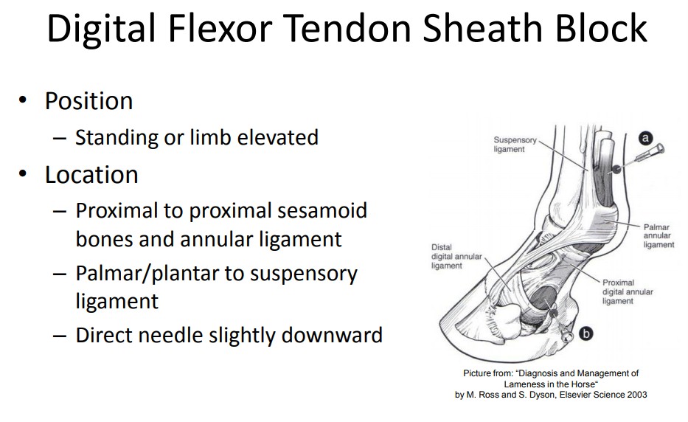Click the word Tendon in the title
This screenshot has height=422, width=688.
click(348, 28)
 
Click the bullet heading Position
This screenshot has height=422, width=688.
click(89, 101)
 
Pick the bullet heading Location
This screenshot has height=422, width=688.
click(91, 174)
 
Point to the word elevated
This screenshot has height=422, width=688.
click(277, 137)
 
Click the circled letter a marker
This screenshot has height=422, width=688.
click(645, 138)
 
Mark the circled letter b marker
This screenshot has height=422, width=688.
click(586, 333)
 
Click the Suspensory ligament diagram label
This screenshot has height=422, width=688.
click(515, 145)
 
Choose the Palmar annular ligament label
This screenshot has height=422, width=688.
click(659, 236)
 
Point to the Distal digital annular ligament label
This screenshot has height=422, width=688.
click(456, 257)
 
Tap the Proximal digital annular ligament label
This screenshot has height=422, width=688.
click(628, 291)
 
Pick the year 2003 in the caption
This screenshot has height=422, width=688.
click(637, 395)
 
